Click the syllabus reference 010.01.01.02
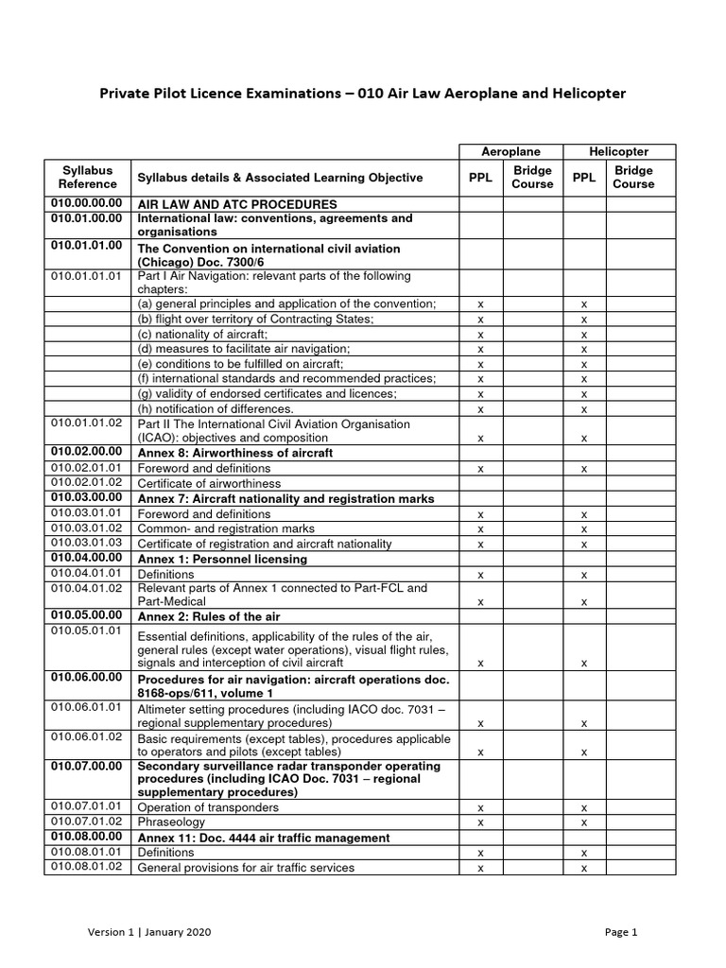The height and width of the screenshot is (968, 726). coord(87,424)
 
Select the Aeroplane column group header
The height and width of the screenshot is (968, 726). coord(510,151)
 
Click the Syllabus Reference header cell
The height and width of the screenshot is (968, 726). coord(87,178)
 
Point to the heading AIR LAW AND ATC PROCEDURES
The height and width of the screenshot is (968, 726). coord(237,204)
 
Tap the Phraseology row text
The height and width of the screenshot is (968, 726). coord(171,822)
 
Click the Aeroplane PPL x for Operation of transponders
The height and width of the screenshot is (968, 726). coord(481,808)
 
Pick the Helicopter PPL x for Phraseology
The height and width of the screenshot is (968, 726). coord(584,822)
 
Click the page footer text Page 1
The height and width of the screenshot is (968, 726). coord(621,931)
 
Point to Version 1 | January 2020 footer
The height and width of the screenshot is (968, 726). coord(149,931)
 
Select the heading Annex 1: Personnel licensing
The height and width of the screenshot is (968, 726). coord(222,560)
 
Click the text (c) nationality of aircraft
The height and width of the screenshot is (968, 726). coord(202,335)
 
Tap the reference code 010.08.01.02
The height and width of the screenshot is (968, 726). coord(87,867)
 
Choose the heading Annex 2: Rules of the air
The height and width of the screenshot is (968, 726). coord(209,616)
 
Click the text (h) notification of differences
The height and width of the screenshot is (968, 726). coord(216,409)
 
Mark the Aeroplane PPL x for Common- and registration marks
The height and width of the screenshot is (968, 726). coord(481,529)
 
